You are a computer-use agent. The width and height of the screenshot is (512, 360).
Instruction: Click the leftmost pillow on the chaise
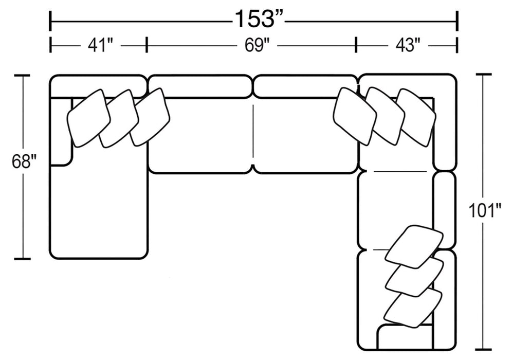(88, 118)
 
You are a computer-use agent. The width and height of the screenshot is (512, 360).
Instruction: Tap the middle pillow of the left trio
(119, 118)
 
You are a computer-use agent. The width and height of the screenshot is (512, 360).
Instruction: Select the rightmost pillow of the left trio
(150, 117)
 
